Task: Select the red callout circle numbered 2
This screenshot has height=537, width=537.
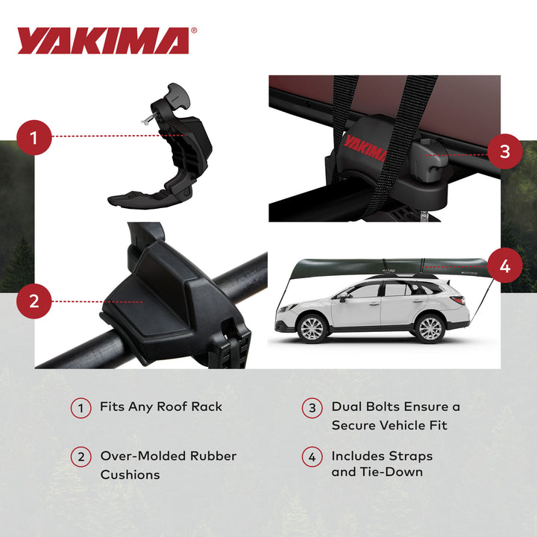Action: (34, 302)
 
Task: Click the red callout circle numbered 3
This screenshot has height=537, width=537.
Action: (505, 151)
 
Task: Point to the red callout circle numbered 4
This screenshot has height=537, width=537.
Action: (505, 266)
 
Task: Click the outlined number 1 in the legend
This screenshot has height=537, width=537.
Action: (81, 409)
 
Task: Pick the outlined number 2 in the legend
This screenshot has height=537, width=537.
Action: (81, 456)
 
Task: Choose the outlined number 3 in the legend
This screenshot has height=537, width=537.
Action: (312, 409)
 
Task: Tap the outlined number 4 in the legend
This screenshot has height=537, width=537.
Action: (312, 456)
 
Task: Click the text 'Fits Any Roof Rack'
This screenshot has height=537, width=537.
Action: (161, 407)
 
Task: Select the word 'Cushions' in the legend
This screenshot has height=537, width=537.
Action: (131, 475)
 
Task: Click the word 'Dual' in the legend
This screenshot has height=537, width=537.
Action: (347, 407)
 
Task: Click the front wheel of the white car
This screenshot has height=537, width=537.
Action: (311, 328)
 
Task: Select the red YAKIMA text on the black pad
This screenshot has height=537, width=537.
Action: (365, 147)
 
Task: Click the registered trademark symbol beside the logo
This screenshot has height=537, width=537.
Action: (195, 31)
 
